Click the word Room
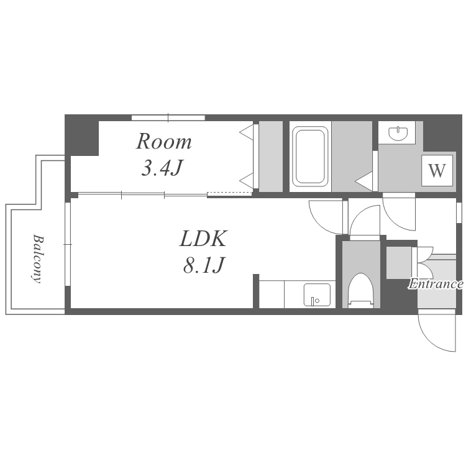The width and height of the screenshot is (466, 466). pyautogui.click(x=164, y=142)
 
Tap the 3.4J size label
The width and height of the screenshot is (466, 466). pyautogui.click(x=162, y=168)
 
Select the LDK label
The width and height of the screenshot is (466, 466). pyautogui.click(x=203, y=239)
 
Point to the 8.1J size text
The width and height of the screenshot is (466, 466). pyautogui.click(x=203, y=265)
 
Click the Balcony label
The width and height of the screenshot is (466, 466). pyautogui.click(x=37, y=258)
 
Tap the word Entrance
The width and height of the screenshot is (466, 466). pyautogui.click(x=436, y=284)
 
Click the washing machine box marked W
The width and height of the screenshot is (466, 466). pyautogui.click(x=437, y=171)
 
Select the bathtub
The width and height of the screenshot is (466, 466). pyautogui.click(x=310, y=157)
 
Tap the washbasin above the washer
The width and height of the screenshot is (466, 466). pyautogui.click(x=397, y=133)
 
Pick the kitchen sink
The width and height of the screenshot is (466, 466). pyautogui.click(x=317, y=295)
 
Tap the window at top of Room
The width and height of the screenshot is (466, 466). pyautogui.click(x=168, y=117)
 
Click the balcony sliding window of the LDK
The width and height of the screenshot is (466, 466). pyautogui.click(x=68, y=244)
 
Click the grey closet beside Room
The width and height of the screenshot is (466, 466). pyautogui.click(x=271, y=157)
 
